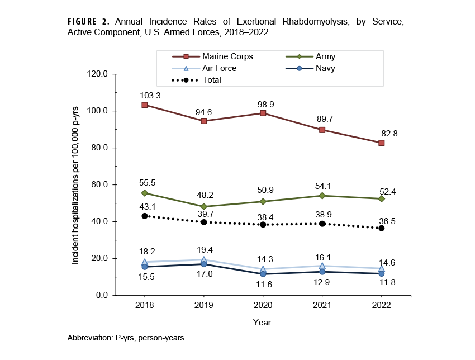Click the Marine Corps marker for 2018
tap(145, 105)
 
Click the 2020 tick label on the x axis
tap(263, 305)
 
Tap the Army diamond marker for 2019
tap(204, 207)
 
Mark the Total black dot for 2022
tap(381, 228)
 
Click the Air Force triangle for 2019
tap(204, 260)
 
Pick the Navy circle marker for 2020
tap(263, 274)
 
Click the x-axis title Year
tap(262, 323)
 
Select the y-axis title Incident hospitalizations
tap(75, 184)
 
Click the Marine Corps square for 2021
tap(322, 130)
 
